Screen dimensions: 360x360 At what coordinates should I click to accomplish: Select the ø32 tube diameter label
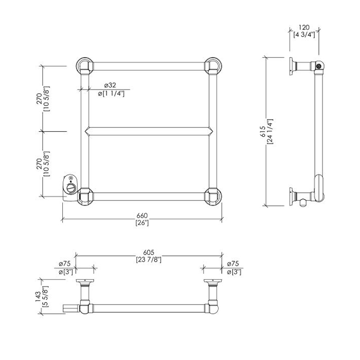point(109,85)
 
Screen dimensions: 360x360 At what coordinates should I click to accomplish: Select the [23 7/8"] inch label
point(149,259)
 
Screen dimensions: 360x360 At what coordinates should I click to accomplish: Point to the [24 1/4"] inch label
point(270,131)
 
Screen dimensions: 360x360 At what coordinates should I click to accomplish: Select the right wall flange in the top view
point(212,282)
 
